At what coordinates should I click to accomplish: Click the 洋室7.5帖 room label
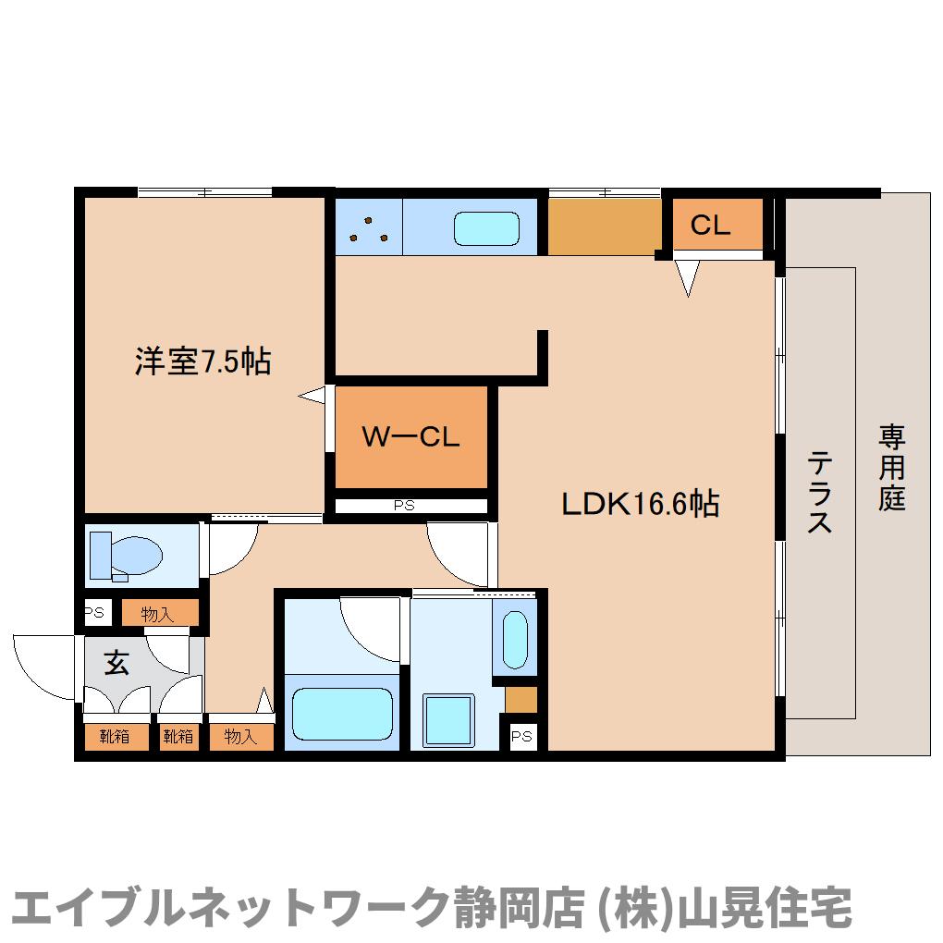[203, 361]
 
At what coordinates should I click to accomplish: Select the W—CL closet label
[410, 437]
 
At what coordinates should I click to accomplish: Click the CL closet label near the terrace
[711, 225]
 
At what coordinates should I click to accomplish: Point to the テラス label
[819, 492]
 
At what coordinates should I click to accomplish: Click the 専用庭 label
[892, 467]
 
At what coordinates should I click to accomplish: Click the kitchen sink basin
[486, 227]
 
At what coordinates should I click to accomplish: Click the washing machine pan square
[449, 720]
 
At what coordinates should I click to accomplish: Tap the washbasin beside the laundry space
[514, 639]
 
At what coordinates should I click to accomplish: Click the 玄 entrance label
[116, 663]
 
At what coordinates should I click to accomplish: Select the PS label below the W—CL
[403, 506]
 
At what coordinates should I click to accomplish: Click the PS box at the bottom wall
[522, 736]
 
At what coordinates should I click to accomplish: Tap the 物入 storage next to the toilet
[158, 614]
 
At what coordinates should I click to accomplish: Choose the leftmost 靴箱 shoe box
[115, 737]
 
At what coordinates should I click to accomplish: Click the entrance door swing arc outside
[37, 664]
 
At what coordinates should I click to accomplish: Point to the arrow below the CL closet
[688, 276]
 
